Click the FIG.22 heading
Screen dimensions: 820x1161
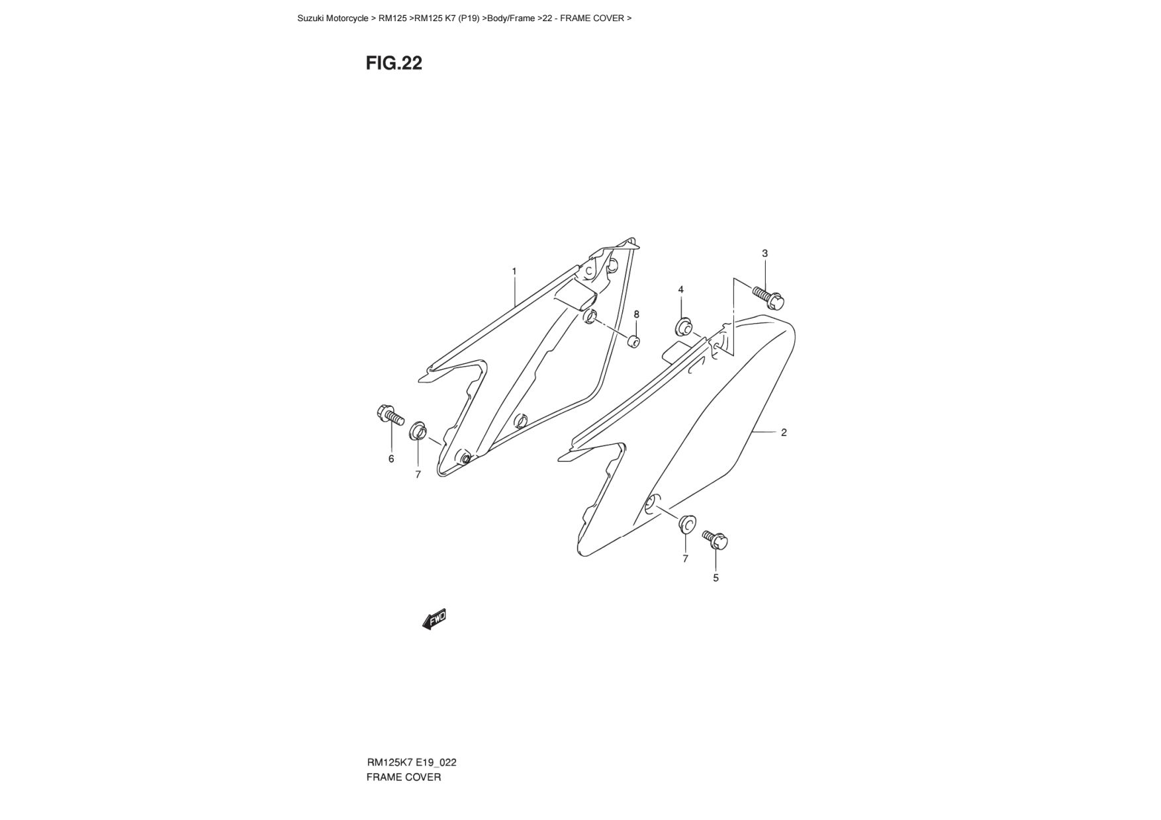coord(394,63)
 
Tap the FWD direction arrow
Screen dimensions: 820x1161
coord(435,619)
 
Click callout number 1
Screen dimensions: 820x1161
coord(514,271)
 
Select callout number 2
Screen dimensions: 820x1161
coord(784,432)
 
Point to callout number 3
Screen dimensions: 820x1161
coord(765,253)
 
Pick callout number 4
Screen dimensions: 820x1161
coord(680,289)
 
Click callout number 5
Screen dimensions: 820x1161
coord(716,578)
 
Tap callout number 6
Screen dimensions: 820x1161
coord(391,459)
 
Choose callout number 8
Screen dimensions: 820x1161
coord(637,314)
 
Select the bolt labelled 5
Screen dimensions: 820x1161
coord(716,539)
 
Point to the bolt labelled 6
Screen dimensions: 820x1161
coord(390,416)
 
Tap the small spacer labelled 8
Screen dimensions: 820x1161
coord(633,342)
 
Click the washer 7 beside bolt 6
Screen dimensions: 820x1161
coord(418,431)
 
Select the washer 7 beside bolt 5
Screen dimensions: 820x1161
coord(686,523)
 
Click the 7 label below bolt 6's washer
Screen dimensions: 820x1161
coord(418,475)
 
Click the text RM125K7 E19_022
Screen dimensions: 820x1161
coord(411,762)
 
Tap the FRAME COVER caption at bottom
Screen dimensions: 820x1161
coord(403,777)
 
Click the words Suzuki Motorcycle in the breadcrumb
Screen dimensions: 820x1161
coord(332,19)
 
